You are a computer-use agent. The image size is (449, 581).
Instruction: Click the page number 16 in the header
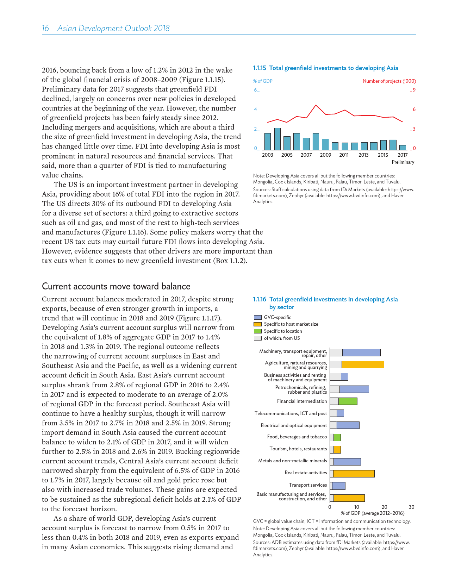(x=45, y=29)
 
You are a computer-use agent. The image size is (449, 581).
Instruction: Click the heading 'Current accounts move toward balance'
(x=116, y=286)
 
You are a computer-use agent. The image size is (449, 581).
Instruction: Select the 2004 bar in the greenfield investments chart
(x=277, y=139)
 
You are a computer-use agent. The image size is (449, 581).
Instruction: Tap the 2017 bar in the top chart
(x=403, y=148)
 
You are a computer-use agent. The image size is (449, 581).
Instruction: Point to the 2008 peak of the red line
(x=316, y=105)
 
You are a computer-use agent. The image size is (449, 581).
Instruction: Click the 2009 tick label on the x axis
(x=325, y=155)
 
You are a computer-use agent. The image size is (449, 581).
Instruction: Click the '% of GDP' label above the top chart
(x=263, y=81)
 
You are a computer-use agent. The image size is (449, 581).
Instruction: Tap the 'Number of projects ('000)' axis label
(x=389, y=81)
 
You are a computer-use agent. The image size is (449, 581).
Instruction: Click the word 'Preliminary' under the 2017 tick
(x=403, y=162)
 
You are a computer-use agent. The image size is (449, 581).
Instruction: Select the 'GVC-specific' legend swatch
(x=257, y=317)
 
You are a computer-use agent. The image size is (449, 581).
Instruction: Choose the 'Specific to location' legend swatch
(x=257, y=331)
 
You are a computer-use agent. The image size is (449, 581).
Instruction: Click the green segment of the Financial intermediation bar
(x=348, y=401)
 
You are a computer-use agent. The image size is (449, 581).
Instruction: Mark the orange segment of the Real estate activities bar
(x=354, y=474)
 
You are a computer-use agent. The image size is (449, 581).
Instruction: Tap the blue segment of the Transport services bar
(x=338, y=486)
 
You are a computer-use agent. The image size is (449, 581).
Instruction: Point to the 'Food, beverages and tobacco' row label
(x=297, y=437)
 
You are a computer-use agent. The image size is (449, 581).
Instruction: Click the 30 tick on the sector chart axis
(x=412, y=507)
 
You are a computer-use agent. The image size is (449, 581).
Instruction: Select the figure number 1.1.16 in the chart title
(x=260, y=299)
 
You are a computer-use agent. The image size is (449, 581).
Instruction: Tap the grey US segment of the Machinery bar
(x=336, y=352)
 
